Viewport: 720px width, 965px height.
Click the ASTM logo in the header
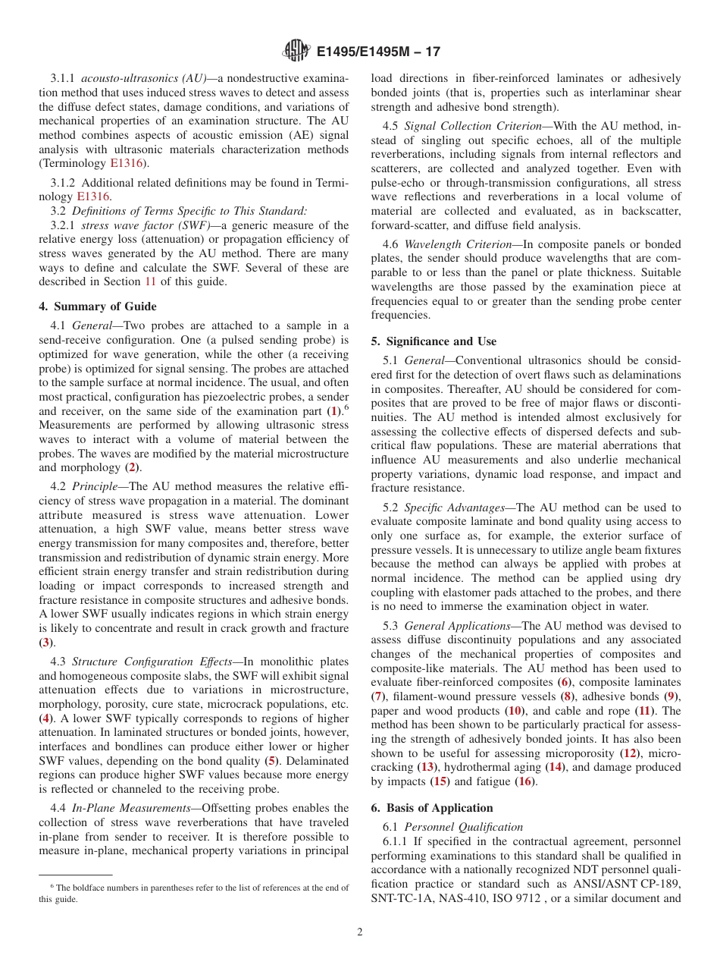296,51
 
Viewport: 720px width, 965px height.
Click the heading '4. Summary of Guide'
98,306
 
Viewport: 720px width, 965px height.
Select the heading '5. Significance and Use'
434,341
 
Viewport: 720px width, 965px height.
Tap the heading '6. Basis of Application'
432,808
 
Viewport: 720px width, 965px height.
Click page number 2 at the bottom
360,932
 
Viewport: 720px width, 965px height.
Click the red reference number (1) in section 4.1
333,410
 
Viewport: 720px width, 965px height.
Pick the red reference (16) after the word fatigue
526,781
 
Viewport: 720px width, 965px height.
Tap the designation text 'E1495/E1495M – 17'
377,52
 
